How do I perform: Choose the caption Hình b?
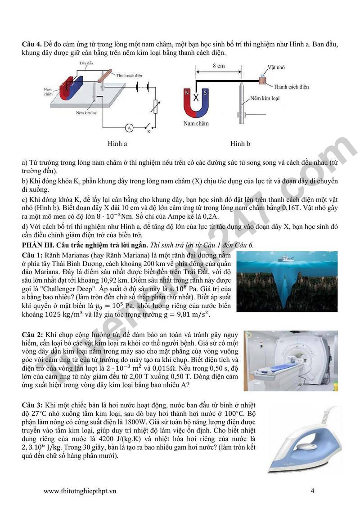pyautogui.click(x=240, y=144)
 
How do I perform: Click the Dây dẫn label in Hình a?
pyautogui.click(x=86, y=63)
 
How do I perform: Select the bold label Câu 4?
pyautogui.click(x=32, y=44)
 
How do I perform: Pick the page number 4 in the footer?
pyautogui.click(x=312, y=491)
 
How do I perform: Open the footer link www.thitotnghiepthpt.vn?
pyautogui.click(x=80, y=491)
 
